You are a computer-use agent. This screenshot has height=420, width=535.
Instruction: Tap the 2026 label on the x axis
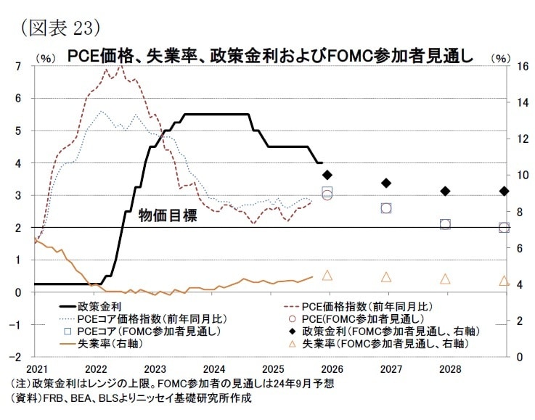(x=327, y=368)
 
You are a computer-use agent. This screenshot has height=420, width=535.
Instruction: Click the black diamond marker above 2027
(x=386, y=184)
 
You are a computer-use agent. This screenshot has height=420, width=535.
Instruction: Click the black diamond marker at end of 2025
(x=327, y=175)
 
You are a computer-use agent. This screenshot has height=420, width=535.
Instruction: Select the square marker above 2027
(x=386, y=208)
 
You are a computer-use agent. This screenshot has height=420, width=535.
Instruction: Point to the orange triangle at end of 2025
(x=327, y=275)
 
